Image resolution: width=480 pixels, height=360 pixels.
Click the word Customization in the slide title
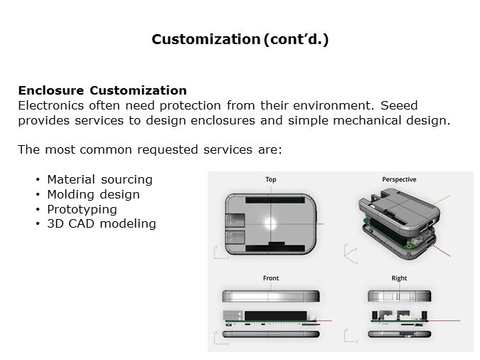click(x=206, y=39)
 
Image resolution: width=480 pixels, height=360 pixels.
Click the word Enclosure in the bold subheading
click(x=50, y=90)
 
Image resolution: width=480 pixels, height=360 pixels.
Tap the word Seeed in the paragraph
click(x=399, y=105)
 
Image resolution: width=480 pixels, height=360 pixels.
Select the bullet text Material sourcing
click(x=100, y=179)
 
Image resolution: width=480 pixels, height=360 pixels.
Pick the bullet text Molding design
click(x=93, y=194)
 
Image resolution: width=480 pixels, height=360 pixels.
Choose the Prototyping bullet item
click(x=82, y=210)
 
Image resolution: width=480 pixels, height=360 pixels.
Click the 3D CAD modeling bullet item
click(x=102, y=223)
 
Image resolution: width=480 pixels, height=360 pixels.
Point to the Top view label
click(x=271, y=179)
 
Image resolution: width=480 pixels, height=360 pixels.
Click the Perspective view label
click(x=399, y=179)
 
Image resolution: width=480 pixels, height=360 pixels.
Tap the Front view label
click(x=271, y=278)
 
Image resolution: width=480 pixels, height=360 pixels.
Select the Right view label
click(x=399, y=278)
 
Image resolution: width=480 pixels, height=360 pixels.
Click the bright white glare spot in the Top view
click(x=270, y=223)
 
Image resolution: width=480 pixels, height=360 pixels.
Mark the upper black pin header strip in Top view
click(x=275, y=200)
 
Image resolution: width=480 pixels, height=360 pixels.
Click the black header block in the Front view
click(x=275, y=316)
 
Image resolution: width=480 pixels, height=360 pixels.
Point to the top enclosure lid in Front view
click(x=271, y=296)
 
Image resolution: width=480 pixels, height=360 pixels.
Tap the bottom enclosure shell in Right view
click(x=400, y=334)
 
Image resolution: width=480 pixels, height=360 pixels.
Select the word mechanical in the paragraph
click(x=367, y=120)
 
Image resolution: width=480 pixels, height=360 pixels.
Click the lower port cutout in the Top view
click(x=235, y=237)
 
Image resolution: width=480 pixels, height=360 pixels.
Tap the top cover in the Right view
click(x=400, y=296)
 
